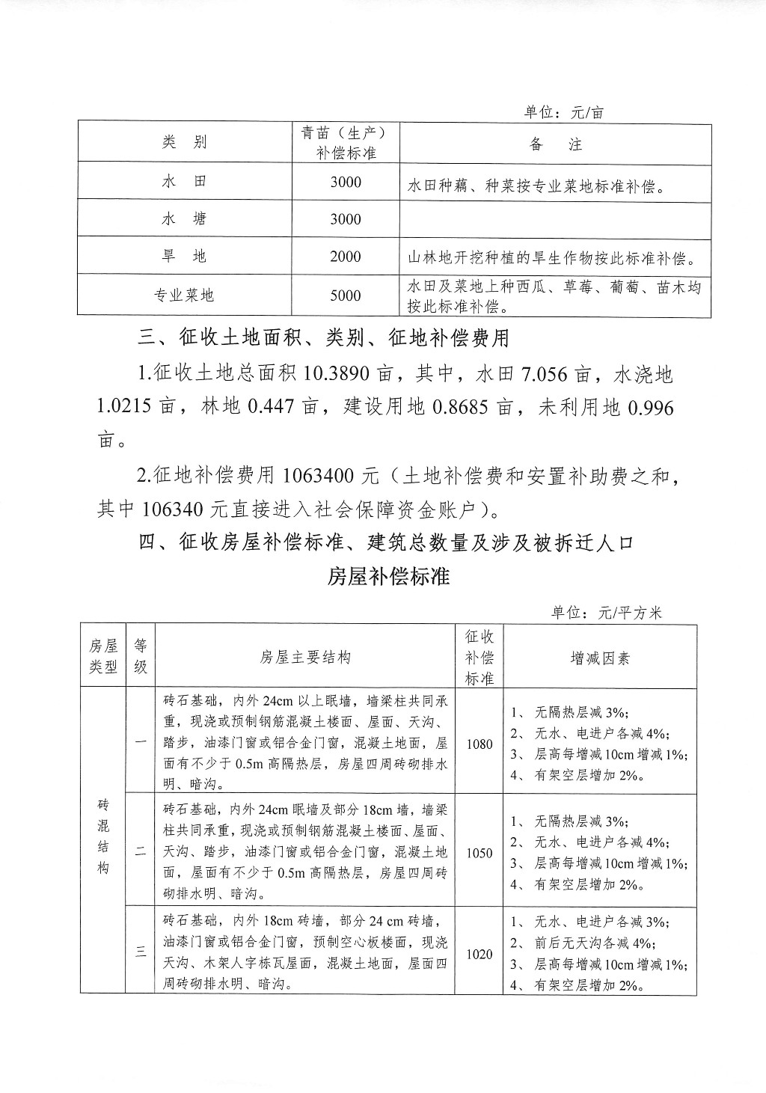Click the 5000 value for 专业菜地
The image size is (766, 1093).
click(346, 296)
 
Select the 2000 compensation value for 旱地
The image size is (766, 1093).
click(346, 257)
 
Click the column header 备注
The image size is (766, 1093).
click(555, 144)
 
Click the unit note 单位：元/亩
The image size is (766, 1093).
click(563, 112)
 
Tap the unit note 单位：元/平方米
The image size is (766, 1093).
click(606, 613)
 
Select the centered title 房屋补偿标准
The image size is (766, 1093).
click(388, 577)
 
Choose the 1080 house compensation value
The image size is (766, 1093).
click(479, 744)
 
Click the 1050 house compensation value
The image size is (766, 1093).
click(479, 853)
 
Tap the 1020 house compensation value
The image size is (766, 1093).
click(479, 954)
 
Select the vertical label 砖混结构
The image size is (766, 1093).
click(103, 836)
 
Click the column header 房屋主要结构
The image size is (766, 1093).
click(305, 658)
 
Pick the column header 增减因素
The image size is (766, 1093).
click(600, 658)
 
